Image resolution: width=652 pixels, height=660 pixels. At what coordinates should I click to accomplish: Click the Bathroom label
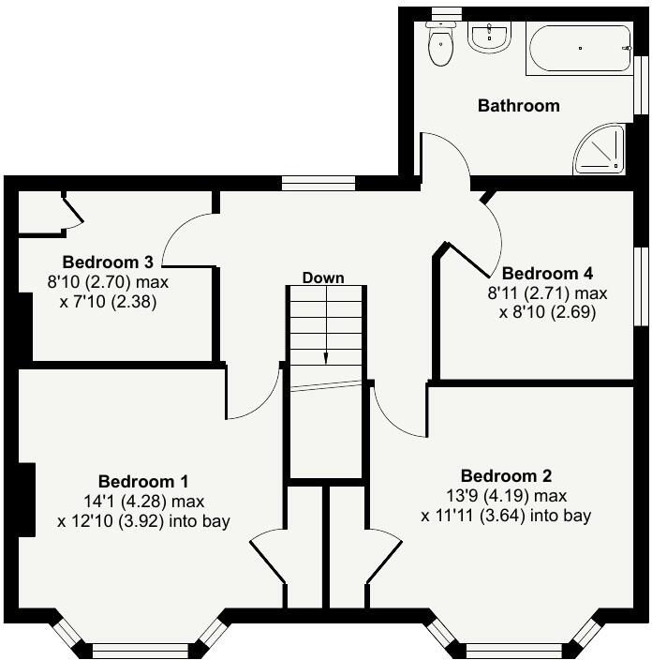(x=518, y=106)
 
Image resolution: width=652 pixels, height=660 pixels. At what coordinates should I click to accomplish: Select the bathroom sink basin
(x=489, y=38)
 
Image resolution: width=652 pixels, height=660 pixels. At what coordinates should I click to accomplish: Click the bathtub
(x=579, y=49)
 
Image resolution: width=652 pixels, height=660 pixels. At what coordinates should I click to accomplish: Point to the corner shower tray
(x=600, y=151)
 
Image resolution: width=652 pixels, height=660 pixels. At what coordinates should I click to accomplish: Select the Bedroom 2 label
(x=506, y=475)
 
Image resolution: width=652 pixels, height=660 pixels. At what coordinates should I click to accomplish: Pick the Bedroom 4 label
(x=548, y=274)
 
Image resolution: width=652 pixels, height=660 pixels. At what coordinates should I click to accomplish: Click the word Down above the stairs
(x=323, y=277)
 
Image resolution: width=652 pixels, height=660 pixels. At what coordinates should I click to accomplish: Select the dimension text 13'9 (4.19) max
(x=512, y=495)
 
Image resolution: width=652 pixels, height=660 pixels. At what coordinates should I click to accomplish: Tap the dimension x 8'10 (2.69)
(x=548, y=312)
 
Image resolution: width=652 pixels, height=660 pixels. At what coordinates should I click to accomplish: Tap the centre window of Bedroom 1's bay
(x=141, y=648)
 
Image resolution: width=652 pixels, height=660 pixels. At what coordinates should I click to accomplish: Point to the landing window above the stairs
(x=319, y=184)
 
